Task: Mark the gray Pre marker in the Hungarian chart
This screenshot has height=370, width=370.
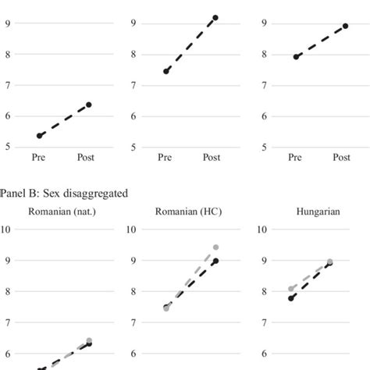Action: click(292, 289)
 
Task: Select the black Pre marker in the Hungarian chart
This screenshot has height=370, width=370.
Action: click(292, 298)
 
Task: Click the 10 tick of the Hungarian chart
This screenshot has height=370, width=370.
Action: click(261, 229)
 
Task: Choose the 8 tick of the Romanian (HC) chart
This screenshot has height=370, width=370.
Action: click(134, 291)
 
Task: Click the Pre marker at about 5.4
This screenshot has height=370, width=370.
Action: click(40, 136)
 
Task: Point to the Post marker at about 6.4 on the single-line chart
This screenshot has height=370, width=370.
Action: click(88, 105)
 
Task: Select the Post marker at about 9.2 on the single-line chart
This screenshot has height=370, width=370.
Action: click(215, 17)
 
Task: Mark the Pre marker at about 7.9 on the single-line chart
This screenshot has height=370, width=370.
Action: click(296, 56)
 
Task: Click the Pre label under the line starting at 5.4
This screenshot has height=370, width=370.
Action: click(39, 158)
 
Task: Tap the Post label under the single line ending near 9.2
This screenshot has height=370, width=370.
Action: click(212, 158)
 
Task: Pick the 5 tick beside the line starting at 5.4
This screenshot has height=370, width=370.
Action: click(7, 147)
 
